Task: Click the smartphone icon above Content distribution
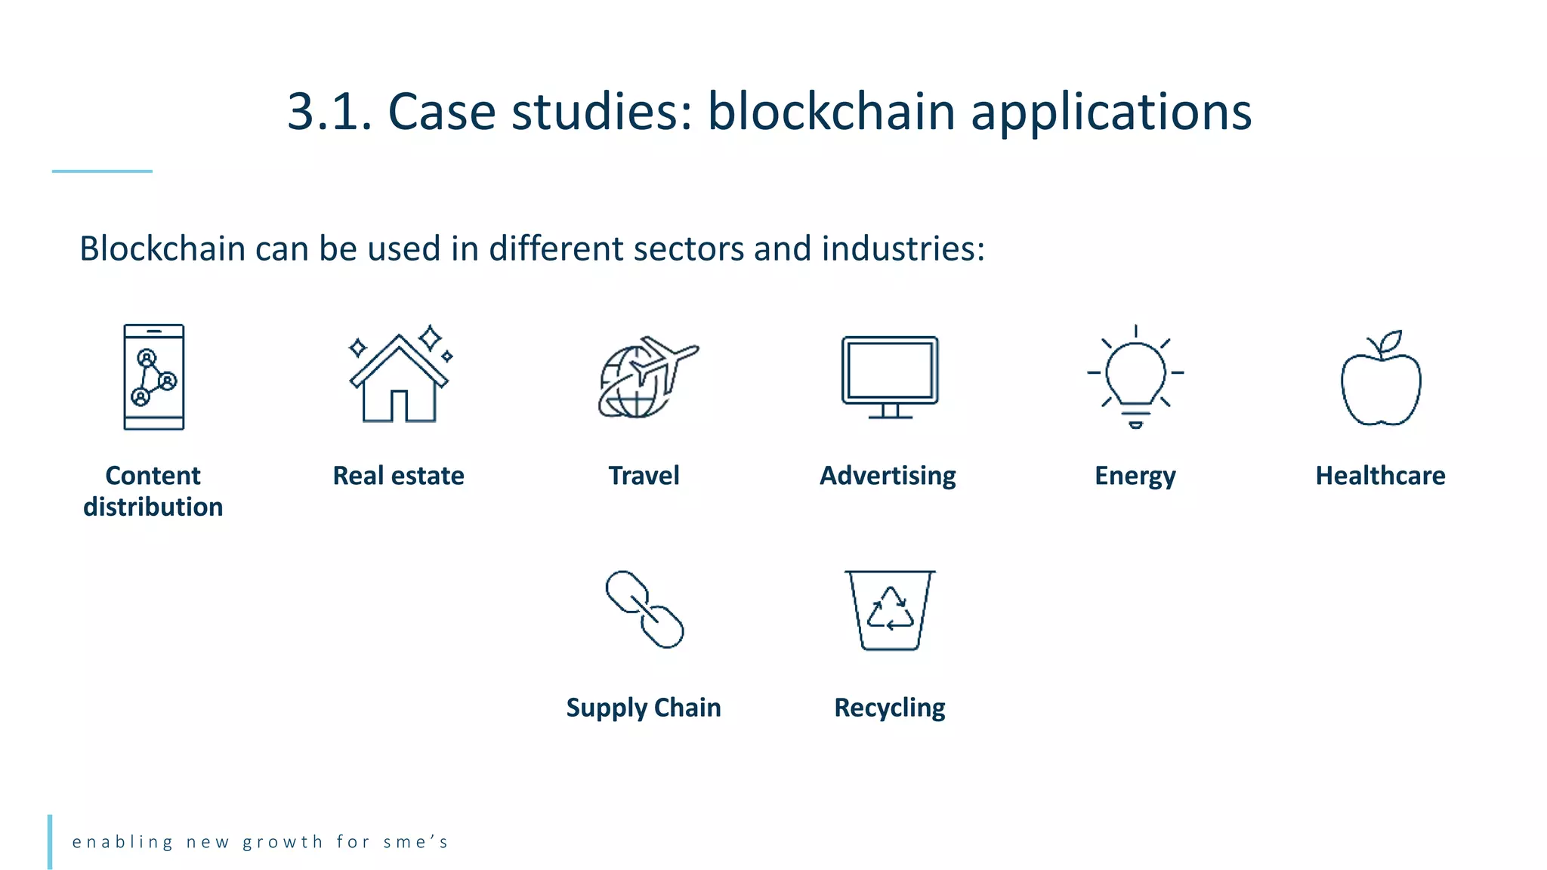[x=154, y=377]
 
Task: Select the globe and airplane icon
[x=646, y=377]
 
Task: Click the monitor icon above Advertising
[x=890, y=375]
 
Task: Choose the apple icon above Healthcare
[x=1381, y=380]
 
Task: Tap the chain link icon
[x=644, y=609]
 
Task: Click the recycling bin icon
[x=890, y=610]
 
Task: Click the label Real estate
[x=398, y=476]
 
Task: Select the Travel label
[x=644, y=476]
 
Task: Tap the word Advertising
[x=888, y=476]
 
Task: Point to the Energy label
[x=1135, y=477]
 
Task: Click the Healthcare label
[x=1380, y=476]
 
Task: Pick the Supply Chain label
[x=644, y=708]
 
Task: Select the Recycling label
[x=889, y=708]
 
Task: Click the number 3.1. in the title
[x=329, y=112]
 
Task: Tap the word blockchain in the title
[x=831, y=112]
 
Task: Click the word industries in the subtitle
[x=903, y=248]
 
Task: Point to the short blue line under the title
[x=102, y=171]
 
